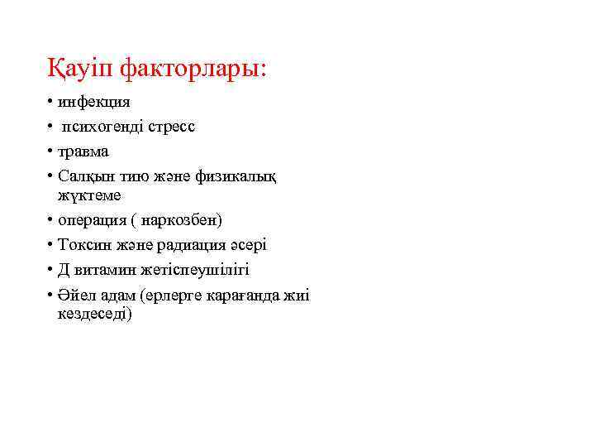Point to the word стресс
172,127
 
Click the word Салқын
83,177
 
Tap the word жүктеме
89,195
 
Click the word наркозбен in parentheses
181,221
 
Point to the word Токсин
81,246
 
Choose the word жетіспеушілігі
195,271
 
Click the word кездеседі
94,315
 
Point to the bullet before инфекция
50,103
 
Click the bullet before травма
50,152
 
